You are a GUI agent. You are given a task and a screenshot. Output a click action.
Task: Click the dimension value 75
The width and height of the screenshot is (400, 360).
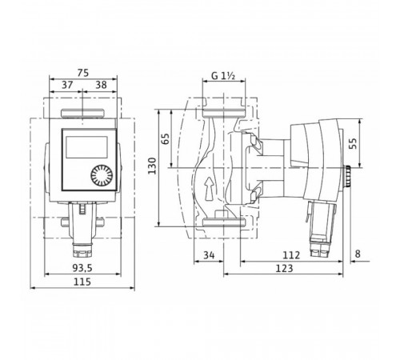83,73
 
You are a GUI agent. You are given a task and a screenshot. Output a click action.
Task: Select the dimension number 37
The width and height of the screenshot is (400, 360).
67,85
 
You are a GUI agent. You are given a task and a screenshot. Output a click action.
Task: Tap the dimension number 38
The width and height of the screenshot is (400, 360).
102,85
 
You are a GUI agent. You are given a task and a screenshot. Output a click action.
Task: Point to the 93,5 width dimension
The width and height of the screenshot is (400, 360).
82,268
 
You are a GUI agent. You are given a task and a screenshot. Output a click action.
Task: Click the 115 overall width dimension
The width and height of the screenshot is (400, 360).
82,282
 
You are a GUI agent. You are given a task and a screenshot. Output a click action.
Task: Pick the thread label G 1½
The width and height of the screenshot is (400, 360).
223,76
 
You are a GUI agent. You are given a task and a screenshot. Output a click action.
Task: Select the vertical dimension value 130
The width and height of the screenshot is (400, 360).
152,166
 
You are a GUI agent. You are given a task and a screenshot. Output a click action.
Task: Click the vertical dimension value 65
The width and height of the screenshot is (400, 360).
166,138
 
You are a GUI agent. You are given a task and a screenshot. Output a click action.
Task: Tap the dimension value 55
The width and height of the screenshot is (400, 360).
353,144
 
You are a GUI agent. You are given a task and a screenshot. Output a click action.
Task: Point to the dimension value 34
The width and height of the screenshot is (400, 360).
209,255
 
